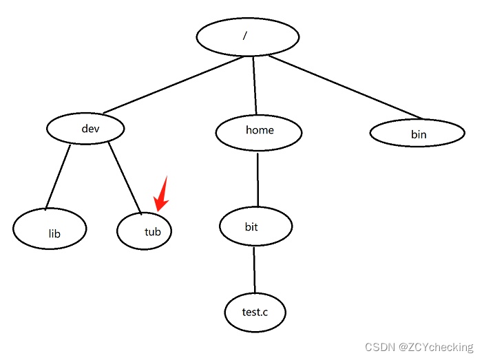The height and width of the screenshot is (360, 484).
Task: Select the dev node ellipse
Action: (x=86, y=128)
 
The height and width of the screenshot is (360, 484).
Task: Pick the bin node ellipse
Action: (x=417, y=133)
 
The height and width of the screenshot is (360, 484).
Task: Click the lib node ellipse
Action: (x=50, y=229)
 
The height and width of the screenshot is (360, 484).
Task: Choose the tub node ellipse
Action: (x=144, y=231)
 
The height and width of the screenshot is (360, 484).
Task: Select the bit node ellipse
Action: (x=255, y=226)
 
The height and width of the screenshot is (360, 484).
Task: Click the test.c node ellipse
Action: (x=255, y=313)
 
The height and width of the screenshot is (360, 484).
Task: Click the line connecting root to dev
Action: (x=172, y=85)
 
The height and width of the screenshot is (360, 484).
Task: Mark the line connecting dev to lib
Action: (x=58, y=176)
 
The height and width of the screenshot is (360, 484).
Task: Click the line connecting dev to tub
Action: (x=124, y=175)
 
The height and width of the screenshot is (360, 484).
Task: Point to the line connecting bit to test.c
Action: (x=254, y=270)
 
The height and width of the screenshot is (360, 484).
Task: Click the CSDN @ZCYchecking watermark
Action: (x=419, y=347)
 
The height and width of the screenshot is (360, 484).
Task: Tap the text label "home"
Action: (x=260, y=129)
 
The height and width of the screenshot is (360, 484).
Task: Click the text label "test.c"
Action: (x=255, y=313)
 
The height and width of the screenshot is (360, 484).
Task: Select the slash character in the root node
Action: (x=245, y=35)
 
